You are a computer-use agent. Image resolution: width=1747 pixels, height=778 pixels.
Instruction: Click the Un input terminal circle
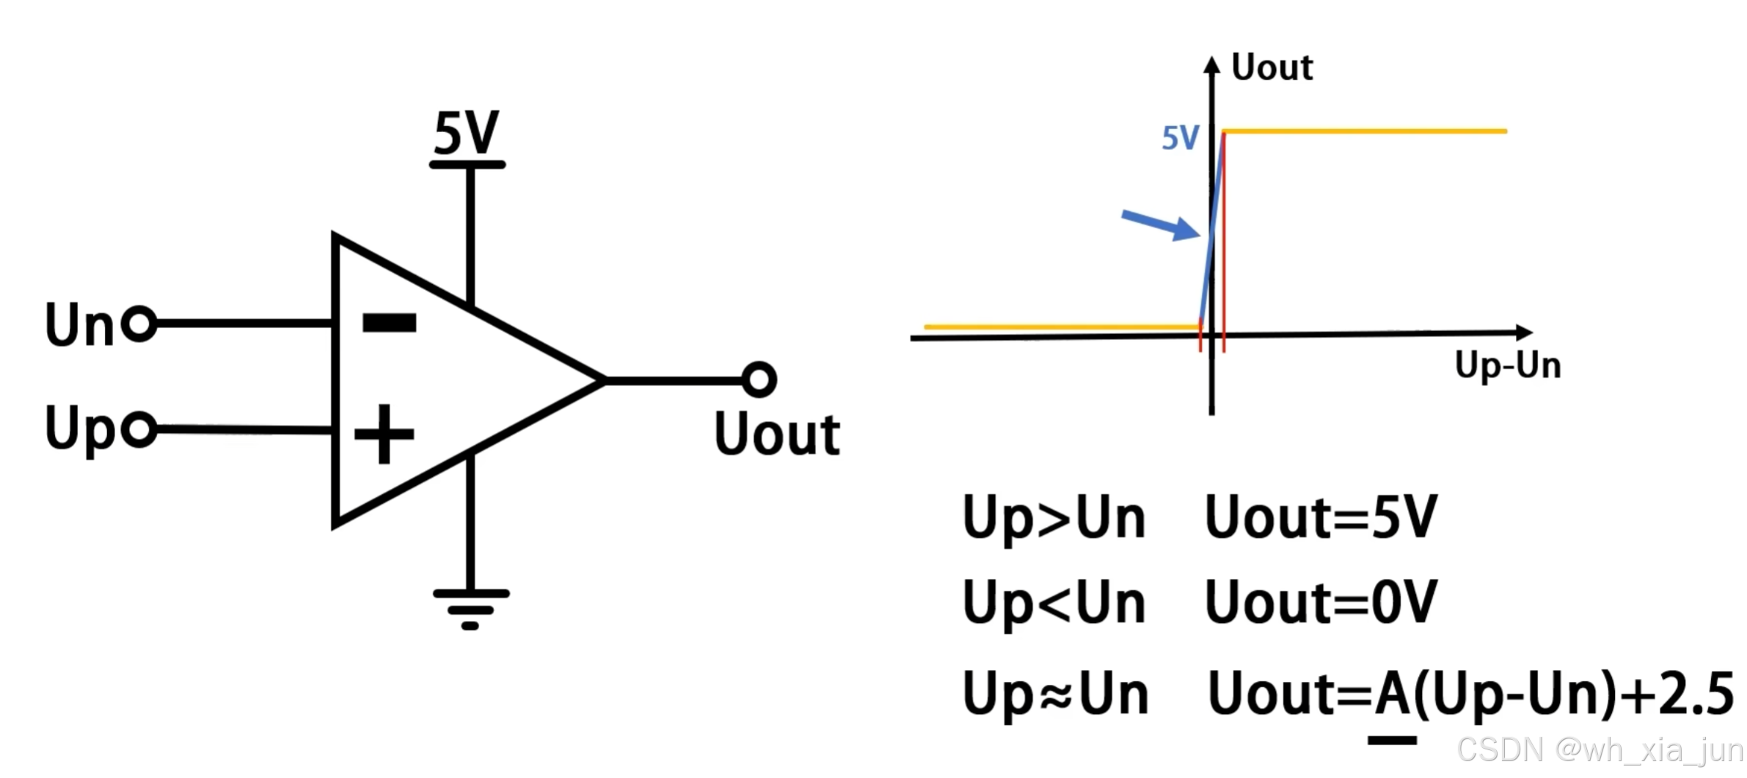click(x=139, y=323)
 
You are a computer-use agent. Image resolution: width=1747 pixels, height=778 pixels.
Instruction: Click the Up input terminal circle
click(x=139, y=429)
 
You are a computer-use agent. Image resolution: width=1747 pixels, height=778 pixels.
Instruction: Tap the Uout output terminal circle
click(x=759, y=379)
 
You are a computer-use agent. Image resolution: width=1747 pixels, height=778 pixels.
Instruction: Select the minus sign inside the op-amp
click(x=389, y=322)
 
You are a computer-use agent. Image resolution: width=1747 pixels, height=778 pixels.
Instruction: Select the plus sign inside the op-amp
click(x=384, y=434)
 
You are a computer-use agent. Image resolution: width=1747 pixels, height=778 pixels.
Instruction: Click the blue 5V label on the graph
click(x=1180, y=137)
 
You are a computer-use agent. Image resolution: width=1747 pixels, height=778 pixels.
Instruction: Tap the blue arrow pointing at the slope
click(x=1160, y=225)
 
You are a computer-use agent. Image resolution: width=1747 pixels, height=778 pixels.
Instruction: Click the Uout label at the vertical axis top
click(x=1272, y=68)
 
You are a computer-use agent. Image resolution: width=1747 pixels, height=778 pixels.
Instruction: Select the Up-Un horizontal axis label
click(x=1507, y=365)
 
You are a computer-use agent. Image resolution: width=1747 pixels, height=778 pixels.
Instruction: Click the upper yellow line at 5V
click(x=1365, y=131)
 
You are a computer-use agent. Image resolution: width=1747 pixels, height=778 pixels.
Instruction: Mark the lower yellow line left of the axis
click(x=1060, y=327)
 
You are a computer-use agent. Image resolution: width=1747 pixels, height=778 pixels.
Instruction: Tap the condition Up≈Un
click(x=1055, y=694)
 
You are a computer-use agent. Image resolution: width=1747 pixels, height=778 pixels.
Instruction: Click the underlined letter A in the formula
click(x=1392, y=694)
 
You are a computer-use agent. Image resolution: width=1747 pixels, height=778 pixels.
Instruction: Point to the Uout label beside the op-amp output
click(x=777, y=434)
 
